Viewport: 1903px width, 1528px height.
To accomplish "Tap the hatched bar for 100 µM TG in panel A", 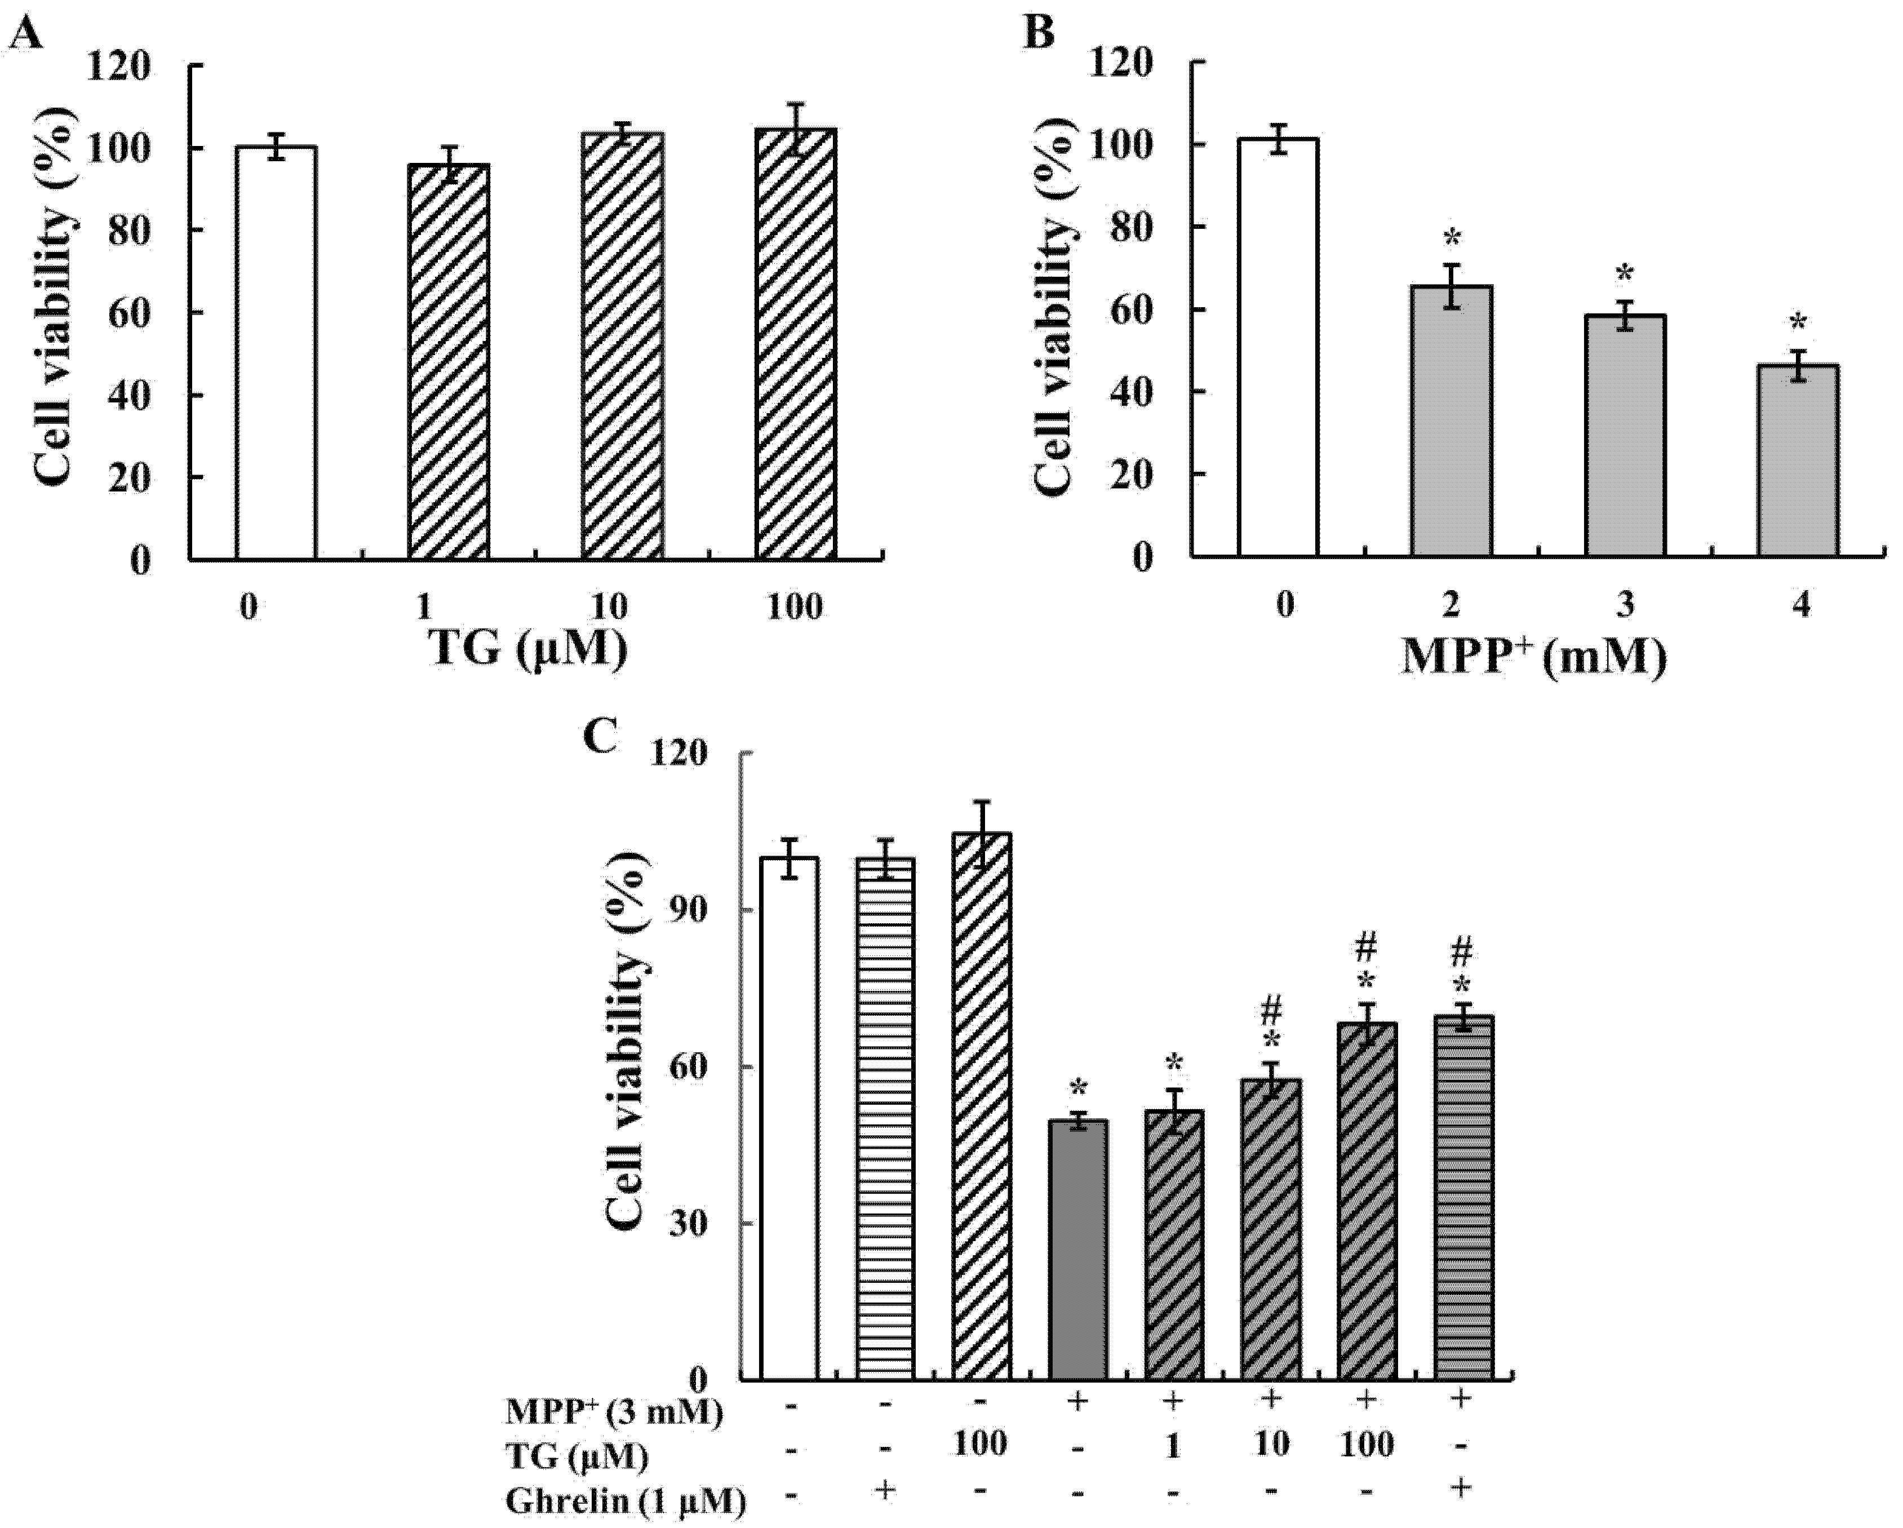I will coord(795,344).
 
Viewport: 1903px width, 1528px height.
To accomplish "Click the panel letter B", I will coord(1039,34).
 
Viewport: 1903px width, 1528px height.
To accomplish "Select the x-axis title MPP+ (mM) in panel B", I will coord(1534,658).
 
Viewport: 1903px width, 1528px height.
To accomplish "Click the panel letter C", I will coord(601,736).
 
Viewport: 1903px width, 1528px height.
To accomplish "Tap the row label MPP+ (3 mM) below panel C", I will coord(614,1411).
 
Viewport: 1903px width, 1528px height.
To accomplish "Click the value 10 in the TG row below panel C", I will coord(1271,1444).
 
